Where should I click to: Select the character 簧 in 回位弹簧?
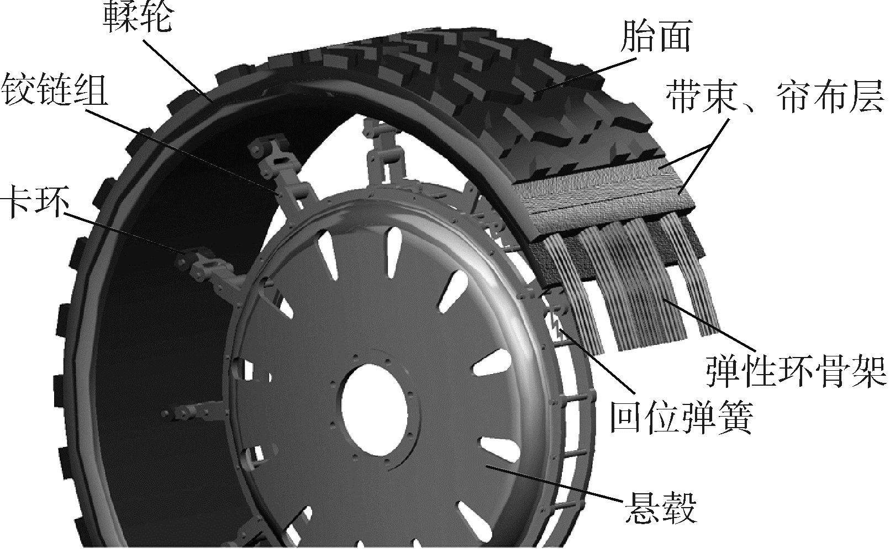point(735,418)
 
